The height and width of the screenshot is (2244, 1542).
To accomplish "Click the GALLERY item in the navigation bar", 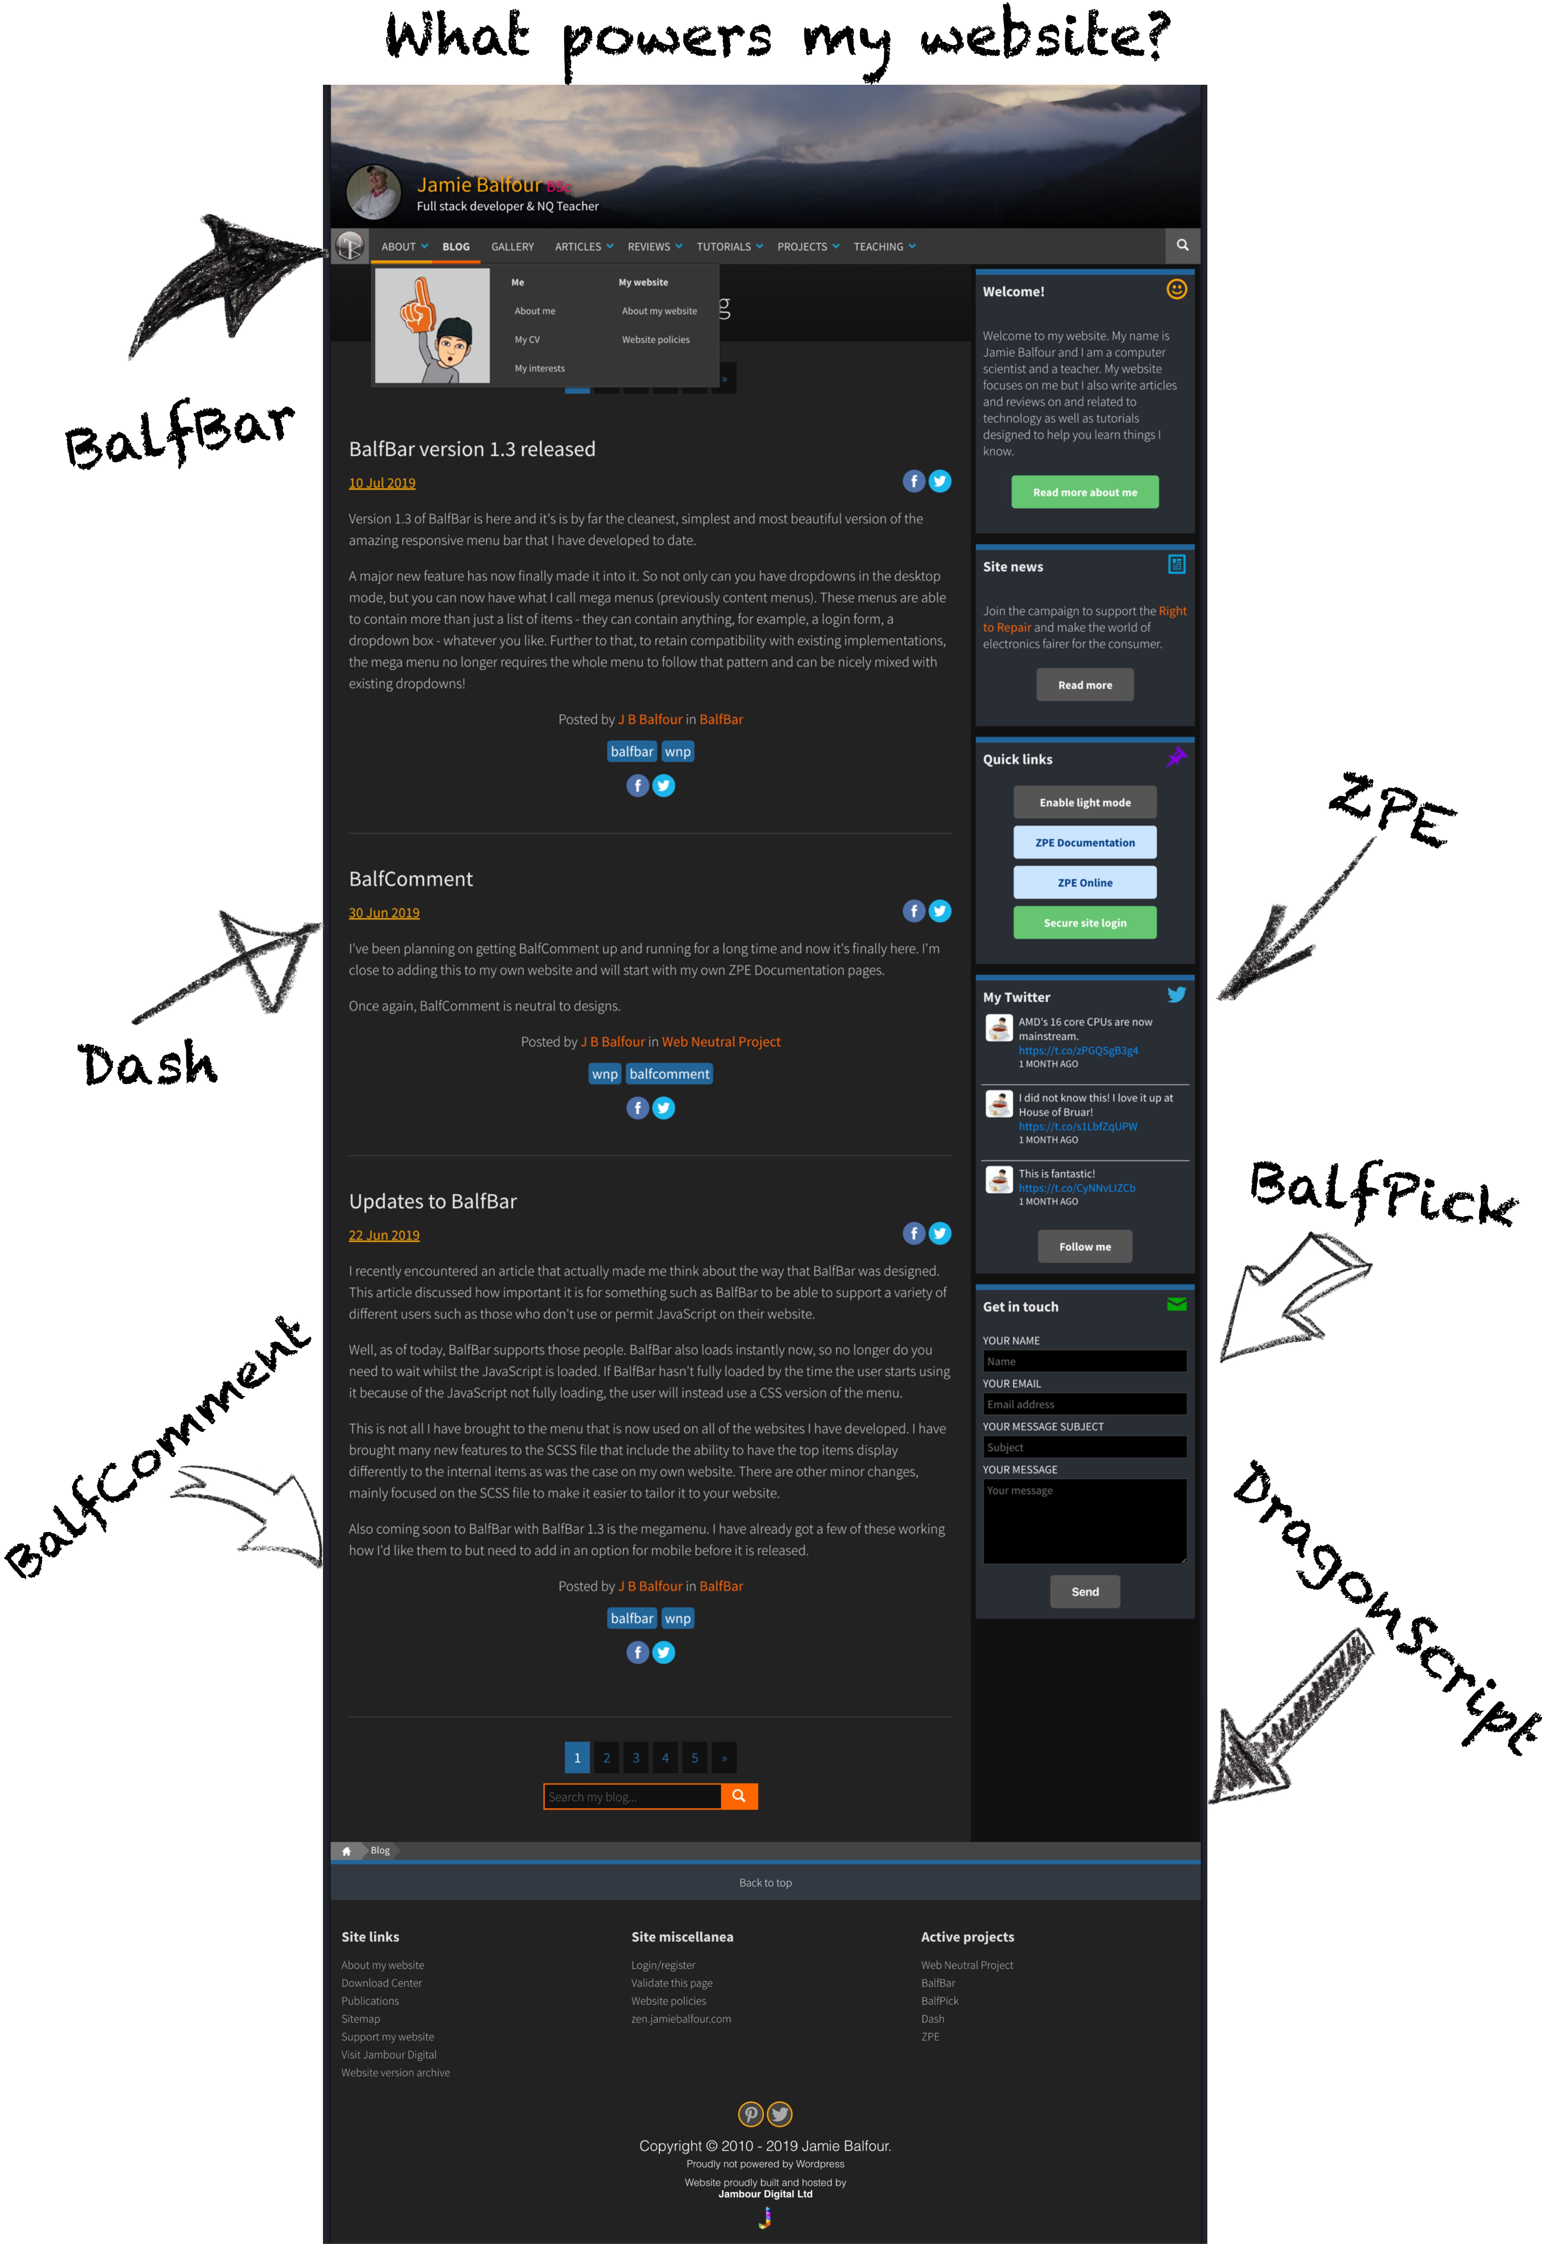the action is pyautogui.click(x=512, y=246).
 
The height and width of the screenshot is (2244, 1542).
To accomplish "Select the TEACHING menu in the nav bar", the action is pyautogui.click(x=884, y=246).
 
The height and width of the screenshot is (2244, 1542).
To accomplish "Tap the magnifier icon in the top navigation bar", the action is pyautogui.click(x=1182, y=246).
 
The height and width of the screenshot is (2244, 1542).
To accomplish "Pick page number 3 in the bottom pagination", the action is pyautogui.click(x=636, y=1758).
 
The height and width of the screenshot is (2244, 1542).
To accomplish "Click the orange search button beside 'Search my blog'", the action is pyautogui.click(x=739, y=1796).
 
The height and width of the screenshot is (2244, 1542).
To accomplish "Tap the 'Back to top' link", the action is pyautogui.click(x=765, y=1883).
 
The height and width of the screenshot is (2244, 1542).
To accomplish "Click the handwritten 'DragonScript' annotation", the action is pyautogui.click(x=1387, y=1604).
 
